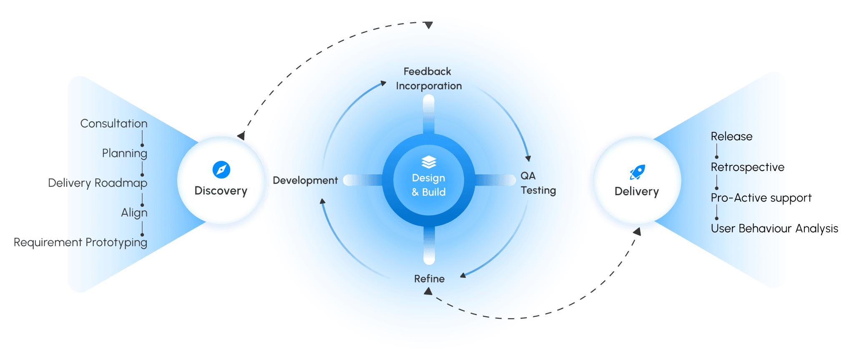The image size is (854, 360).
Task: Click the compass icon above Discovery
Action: [x=221, y=170]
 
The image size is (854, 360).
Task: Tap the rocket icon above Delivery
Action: [x=638, y=171]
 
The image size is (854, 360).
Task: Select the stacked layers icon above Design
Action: [x=429, y=162]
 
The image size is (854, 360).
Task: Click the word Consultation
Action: [x=114, y=123]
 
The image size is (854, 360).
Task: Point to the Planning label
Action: [x=124, y=153]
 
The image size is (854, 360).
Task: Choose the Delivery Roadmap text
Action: [x=98, y=183]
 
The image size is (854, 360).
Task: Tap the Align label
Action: [x=134, y=213]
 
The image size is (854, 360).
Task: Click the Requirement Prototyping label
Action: [x=80, y=242]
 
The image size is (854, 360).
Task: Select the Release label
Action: [x=731, y=136]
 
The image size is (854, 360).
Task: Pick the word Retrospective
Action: [x=747, y=167]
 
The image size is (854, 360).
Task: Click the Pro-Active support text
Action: [x=761, y=198]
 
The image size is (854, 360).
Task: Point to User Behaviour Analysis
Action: [x=774, y=229]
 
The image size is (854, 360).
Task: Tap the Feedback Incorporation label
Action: [x=428, y=79]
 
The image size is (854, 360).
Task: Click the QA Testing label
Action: [x=538, y=183]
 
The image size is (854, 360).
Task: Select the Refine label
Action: [x=429, y=279]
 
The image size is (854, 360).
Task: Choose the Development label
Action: [x=305, y=181]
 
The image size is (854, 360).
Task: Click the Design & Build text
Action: [x=429, y=185]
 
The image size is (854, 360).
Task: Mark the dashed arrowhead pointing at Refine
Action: [x=428, y=292]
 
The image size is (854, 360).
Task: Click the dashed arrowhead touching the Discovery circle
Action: [x=241, y=136]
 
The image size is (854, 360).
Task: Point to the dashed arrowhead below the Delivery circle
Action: [x=637, y=231]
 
